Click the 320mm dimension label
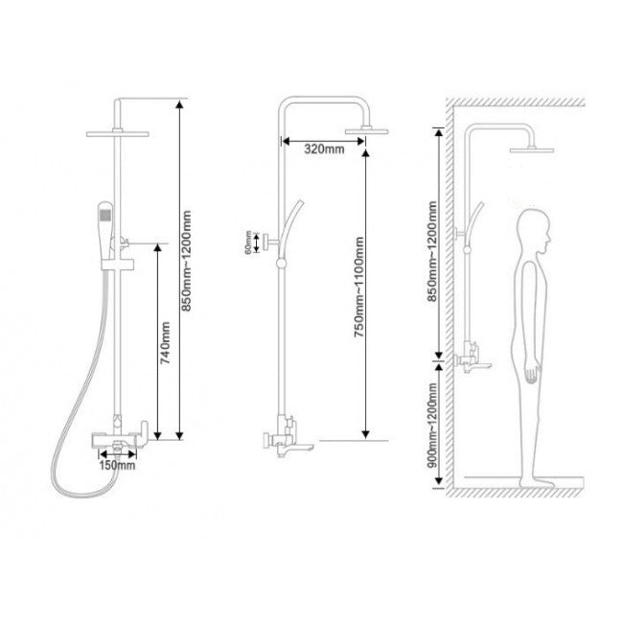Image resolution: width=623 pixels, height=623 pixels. tap(324, 149)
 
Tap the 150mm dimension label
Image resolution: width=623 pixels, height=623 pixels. tap(117, 465)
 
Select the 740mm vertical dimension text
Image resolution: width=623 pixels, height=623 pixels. tap(165, 343)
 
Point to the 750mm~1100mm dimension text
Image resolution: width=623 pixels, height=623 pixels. tap(359, 287)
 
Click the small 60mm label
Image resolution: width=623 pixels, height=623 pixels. tap(248, 242)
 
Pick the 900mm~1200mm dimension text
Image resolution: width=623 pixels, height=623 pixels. tap(432, 425)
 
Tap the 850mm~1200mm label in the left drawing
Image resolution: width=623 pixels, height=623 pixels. tap(186, 261)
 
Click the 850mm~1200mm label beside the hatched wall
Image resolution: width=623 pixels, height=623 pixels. tap(432, 251)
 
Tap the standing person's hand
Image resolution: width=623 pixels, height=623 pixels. tap(532, 374)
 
